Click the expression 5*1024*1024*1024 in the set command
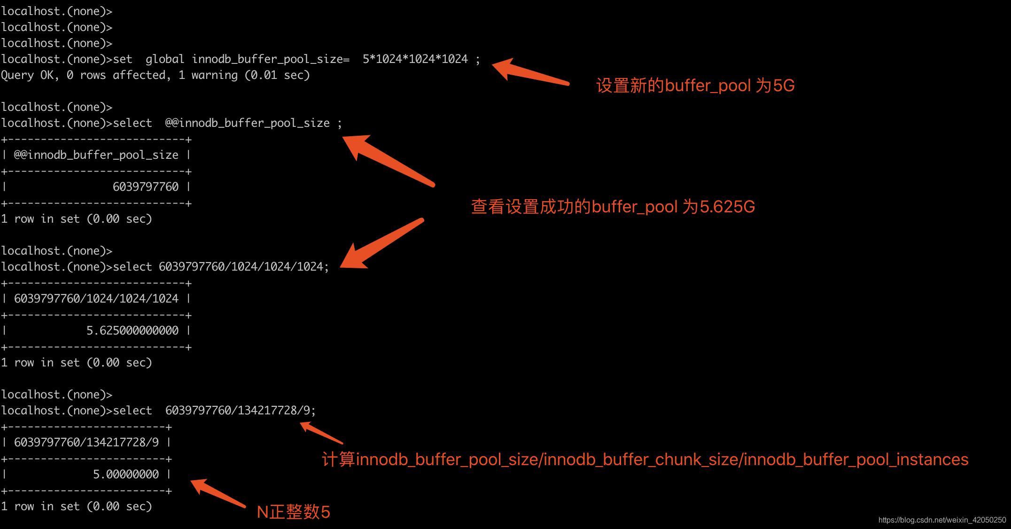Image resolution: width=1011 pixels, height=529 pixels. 415,59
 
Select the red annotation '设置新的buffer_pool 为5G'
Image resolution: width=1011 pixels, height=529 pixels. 695,86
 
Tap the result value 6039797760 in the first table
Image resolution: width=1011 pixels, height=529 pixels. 146,187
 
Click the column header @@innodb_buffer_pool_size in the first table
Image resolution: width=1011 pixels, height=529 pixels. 96,155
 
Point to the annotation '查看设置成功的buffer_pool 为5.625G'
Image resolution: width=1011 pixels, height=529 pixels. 613,207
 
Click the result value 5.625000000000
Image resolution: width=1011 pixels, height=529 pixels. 132,331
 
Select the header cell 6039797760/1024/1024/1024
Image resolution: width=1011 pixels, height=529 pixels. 96,299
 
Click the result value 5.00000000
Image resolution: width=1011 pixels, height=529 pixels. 126,475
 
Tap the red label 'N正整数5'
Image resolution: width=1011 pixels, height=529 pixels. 294,512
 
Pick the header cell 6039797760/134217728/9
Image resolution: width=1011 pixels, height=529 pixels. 86,443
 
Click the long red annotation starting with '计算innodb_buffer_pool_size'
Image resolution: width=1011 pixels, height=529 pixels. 645,459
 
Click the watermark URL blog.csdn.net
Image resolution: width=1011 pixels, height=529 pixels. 942,520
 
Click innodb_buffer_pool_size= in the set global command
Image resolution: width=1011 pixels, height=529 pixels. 271,59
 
